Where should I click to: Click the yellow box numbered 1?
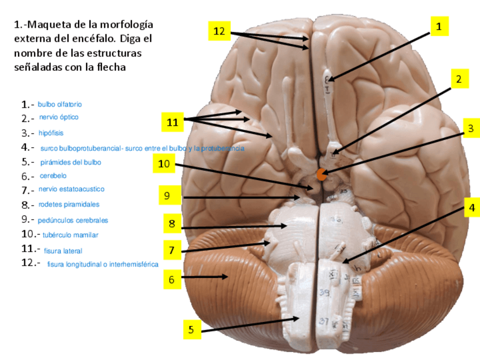tap(439, 26)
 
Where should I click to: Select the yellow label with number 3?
tap(470, 129)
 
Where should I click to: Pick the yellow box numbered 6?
tap(172, 279)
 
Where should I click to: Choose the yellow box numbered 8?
tap(172, 223)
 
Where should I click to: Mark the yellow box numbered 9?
tap(167, 196)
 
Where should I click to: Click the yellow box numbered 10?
tap(164, 164)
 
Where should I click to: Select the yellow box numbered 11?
tap(173, 121)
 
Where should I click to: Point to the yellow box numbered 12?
tap(219, 31)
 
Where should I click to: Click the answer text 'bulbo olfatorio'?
tap(60, 104)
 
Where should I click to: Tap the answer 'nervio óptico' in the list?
tap(59, 117)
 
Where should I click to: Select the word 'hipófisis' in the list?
tap(51, 133)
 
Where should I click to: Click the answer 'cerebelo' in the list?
tap(53, 176)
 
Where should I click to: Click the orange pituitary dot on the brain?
tap(321, 175)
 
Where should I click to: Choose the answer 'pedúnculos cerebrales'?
tap(73, 220)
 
